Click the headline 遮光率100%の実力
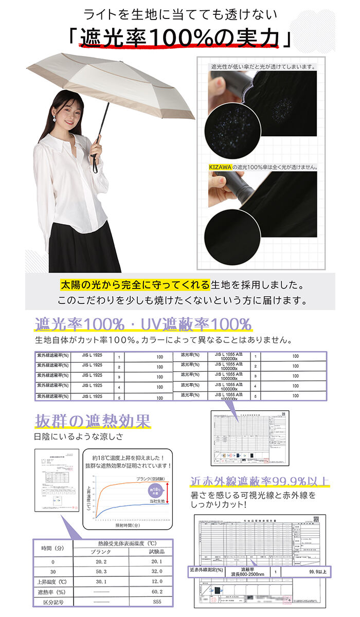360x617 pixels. [x=180, y=38]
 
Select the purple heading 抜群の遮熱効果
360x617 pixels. [x=93, y=421]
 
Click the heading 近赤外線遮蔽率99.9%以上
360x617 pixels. [x=260, y=482]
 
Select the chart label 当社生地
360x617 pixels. [x=156, y=501]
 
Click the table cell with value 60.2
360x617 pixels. [x=157, y=591]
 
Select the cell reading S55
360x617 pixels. [x=157, y=601]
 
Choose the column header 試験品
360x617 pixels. [x=157, y=552]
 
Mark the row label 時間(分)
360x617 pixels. [x=52, y=548]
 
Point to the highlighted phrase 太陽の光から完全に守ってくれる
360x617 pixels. [x=135, y=285]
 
